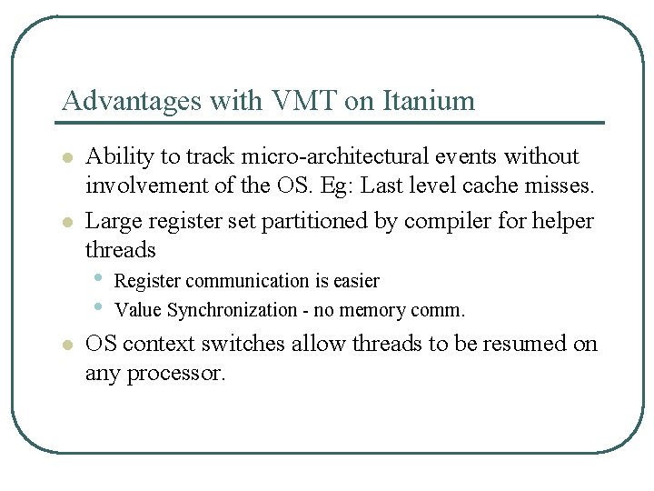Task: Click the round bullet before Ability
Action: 66,157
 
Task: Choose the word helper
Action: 564,220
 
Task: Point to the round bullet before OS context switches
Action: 66,345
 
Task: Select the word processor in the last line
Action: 178,373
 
